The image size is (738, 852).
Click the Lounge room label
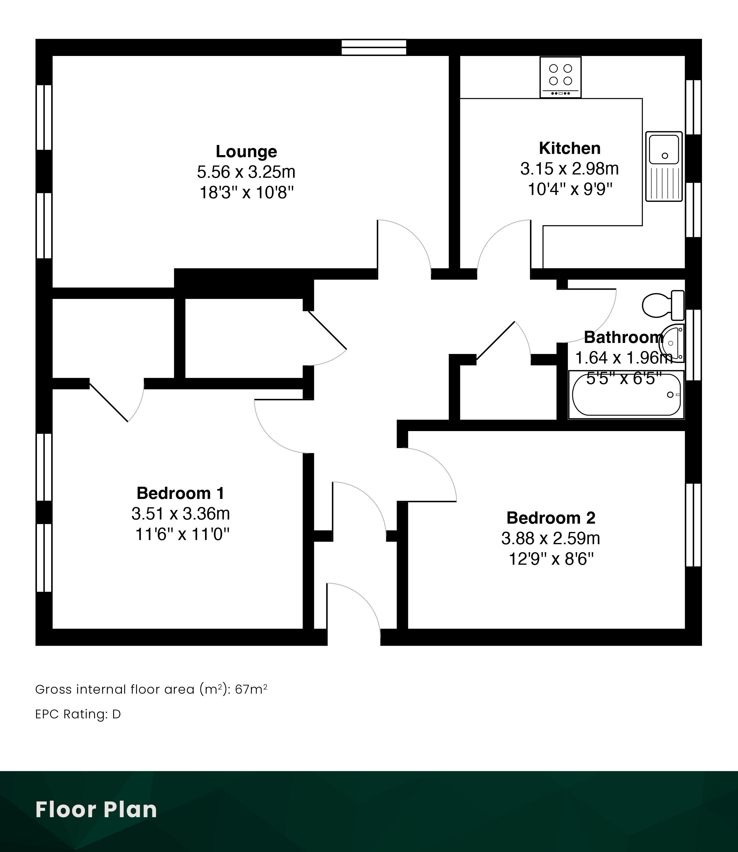tap(246, 152)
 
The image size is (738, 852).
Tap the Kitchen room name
tap(570, 148)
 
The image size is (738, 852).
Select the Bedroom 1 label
tap(180, 493)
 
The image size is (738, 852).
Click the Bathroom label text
tap(623, 337)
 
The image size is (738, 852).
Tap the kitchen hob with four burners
tap(561, 77)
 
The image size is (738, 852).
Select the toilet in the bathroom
tap(663, 305)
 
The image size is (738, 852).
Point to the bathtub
tap(626, 395)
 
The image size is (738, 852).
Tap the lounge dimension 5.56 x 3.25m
tap(246, 172)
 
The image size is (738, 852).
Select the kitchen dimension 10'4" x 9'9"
tap(570, 189)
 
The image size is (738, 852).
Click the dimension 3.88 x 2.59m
tap(551, 538)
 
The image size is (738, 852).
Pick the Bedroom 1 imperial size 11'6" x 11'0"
tap(182, 534)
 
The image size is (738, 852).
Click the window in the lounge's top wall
tap(374, 47)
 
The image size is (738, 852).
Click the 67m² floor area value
tap(251, 689)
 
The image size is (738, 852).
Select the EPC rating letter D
tap(117, 714)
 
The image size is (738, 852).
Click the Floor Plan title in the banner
tap(96, 809)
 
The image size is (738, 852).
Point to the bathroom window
tap(694, 344)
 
